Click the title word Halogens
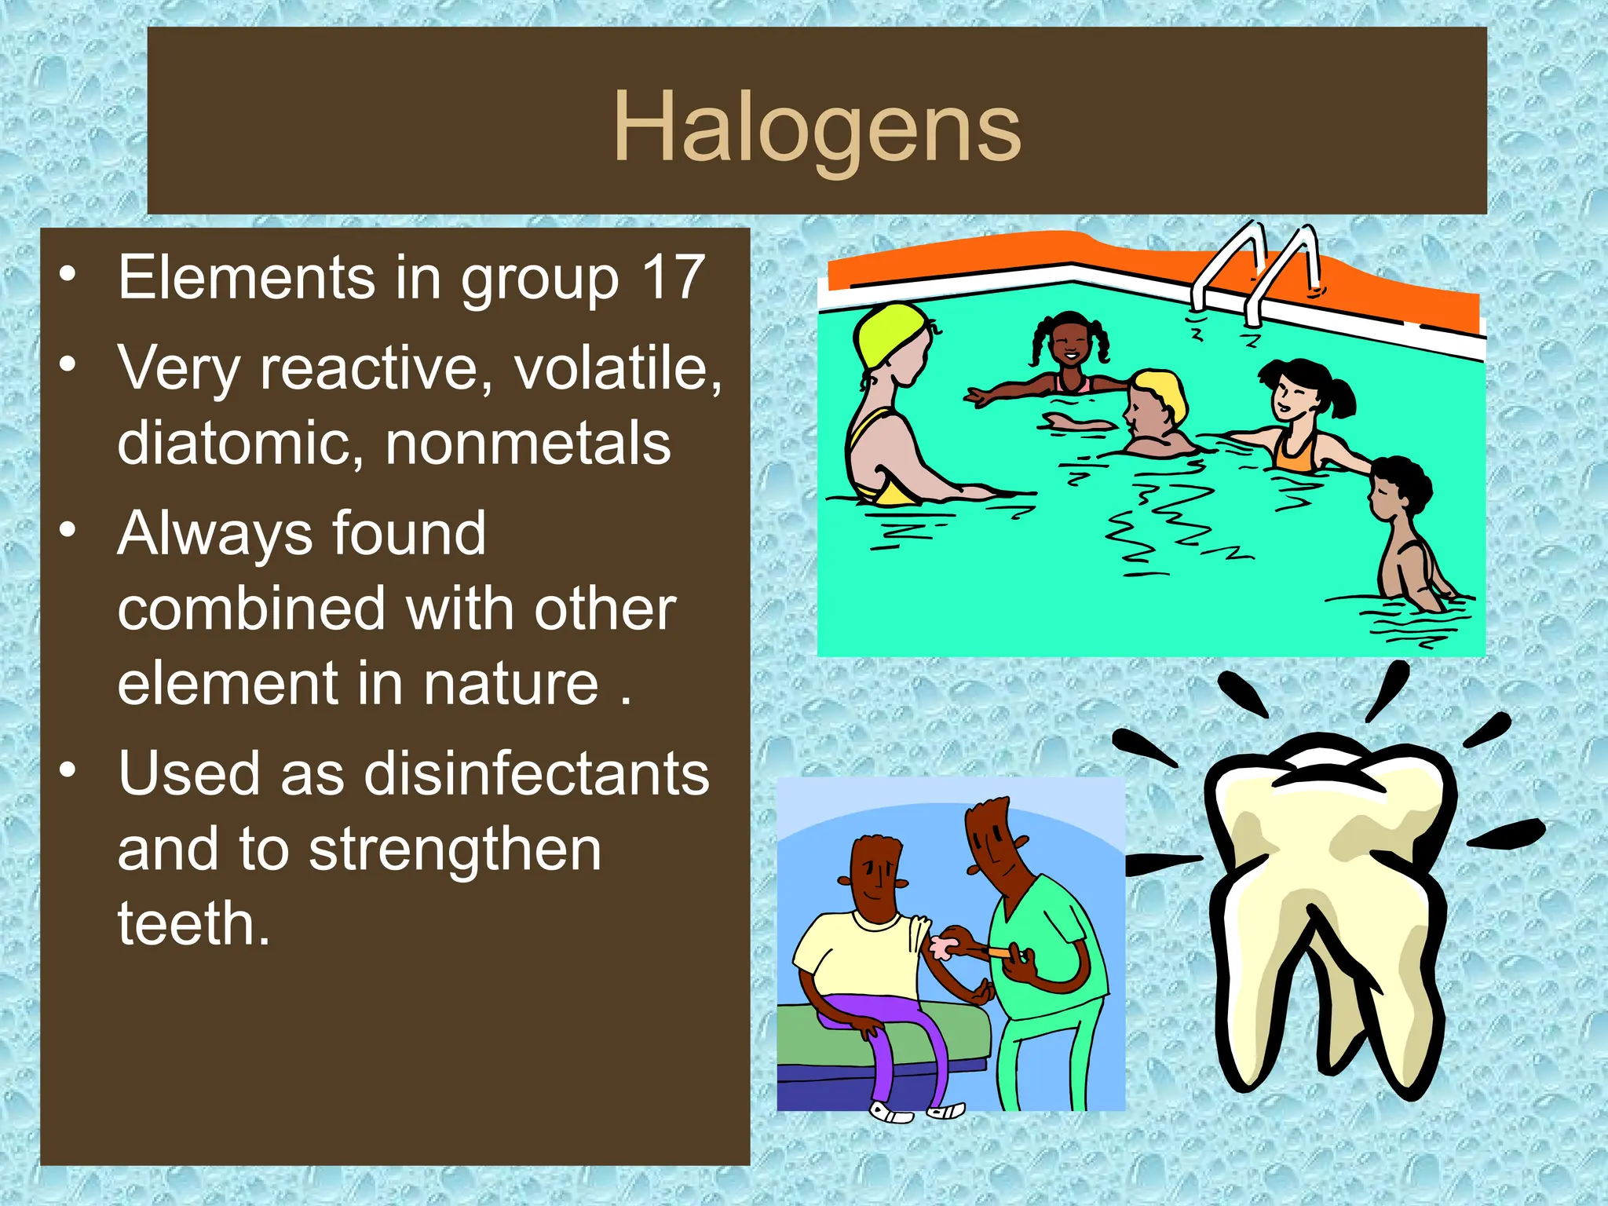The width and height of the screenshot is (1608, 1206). click(817, 127)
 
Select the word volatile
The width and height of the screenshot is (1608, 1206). click(617, 367)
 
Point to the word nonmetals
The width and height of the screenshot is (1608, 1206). click(528, 443)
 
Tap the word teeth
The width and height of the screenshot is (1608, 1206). click(193, 923)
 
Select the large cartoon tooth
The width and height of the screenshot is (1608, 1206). click(1327, 903)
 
